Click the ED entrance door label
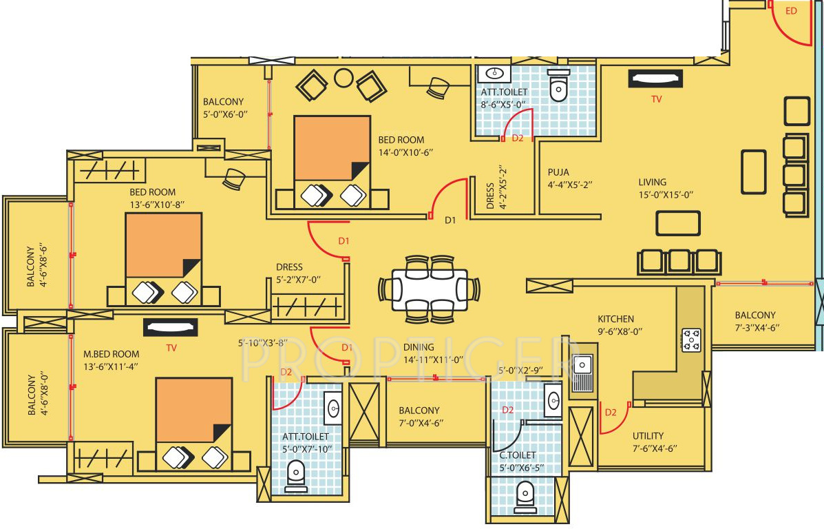click(791, 11)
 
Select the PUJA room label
click(558, 172)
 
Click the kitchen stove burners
click(691, 338)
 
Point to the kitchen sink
click(584, 372)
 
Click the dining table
click(427, 288)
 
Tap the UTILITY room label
click(648, 435)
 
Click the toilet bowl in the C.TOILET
click(526, 493)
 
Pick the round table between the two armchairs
click(343, 78)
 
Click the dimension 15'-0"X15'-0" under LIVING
click(665, 195)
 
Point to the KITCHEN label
click(615, 319)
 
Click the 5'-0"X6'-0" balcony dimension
click(224, 115)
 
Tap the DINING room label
click(419, 347)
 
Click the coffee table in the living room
click(677, 223)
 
